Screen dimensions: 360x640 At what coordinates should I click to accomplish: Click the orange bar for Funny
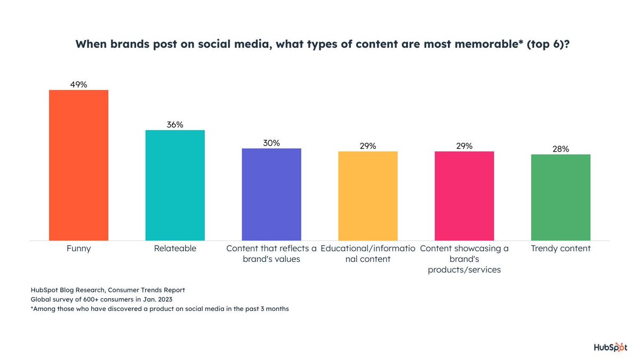pyautogui.click(x=78, y=165)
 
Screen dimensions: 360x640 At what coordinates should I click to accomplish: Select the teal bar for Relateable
pyautogui.click(x=175, y=185)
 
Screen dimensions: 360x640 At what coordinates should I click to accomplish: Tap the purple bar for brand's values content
pyautogui.click(x=271, y=194)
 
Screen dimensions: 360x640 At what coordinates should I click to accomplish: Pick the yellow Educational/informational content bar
pyautogui.click(x=368, y=196)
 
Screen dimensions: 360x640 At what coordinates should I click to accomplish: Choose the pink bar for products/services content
pyautogui.click(x=464, y=196)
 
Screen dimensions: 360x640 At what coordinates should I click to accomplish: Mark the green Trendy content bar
pyautogui.click(x=561, y=197)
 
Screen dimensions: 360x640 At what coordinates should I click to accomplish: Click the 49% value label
pyautogui.click(x=78, y=84)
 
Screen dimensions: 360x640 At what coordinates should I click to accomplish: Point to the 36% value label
pyautogui.click(x=175, y=124)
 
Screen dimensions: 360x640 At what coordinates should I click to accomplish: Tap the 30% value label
pyautogui.click(x=271, y=143)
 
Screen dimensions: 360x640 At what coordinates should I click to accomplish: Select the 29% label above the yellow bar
pyautogui.click(x=368, y=146)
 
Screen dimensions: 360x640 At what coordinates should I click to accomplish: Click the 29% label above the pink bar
pyautogui.click(x=464, y=146)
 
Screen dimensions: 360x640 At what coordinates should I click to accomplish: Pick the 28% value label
pyautogui.click(x=561, y=149)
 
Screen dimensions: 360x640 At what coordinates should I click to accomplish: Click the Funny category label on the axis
pyautogui.click(x=78, y=249)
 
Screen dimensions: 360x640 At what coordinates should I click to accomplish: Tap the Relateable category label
pyautogui.click(x=175, y=249)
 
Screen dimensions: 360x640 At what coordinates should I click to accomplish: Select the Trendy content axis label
pyautogui.click(x=561, y=249)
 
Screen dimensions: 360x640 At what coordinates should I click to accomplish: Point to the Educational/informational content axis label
pyautogui.click(x=368, y=254)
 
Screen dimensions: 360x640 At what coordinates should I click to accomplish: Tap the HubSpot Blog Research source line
pyautogui.click(x=108, y=290)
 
